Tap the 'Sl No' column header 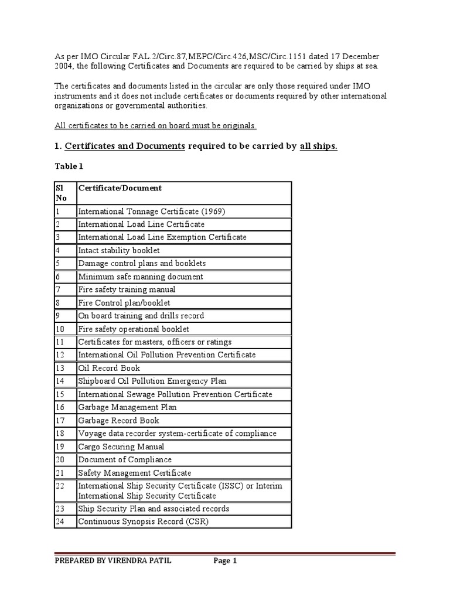[61, 193]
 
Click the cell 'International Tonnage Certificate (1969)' [151, 212]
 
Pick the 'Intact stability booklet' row [118, 250]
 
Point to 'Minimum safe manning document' [141, 277]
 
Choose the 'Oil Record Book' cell [109, 368]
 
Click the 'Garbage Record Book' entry [118, 420]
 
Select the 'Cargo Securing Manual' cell [121, 446]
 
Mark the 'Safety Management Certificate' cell [134, 473]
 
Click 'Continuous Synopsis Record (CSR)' [143, 521]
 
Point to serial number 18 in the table [59, 434]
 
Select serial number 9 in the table [57, 316]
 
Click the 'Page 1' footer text [225, 561]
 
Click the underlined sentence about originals [155, 126]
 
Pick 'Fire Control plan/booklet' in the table [124, 303]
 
